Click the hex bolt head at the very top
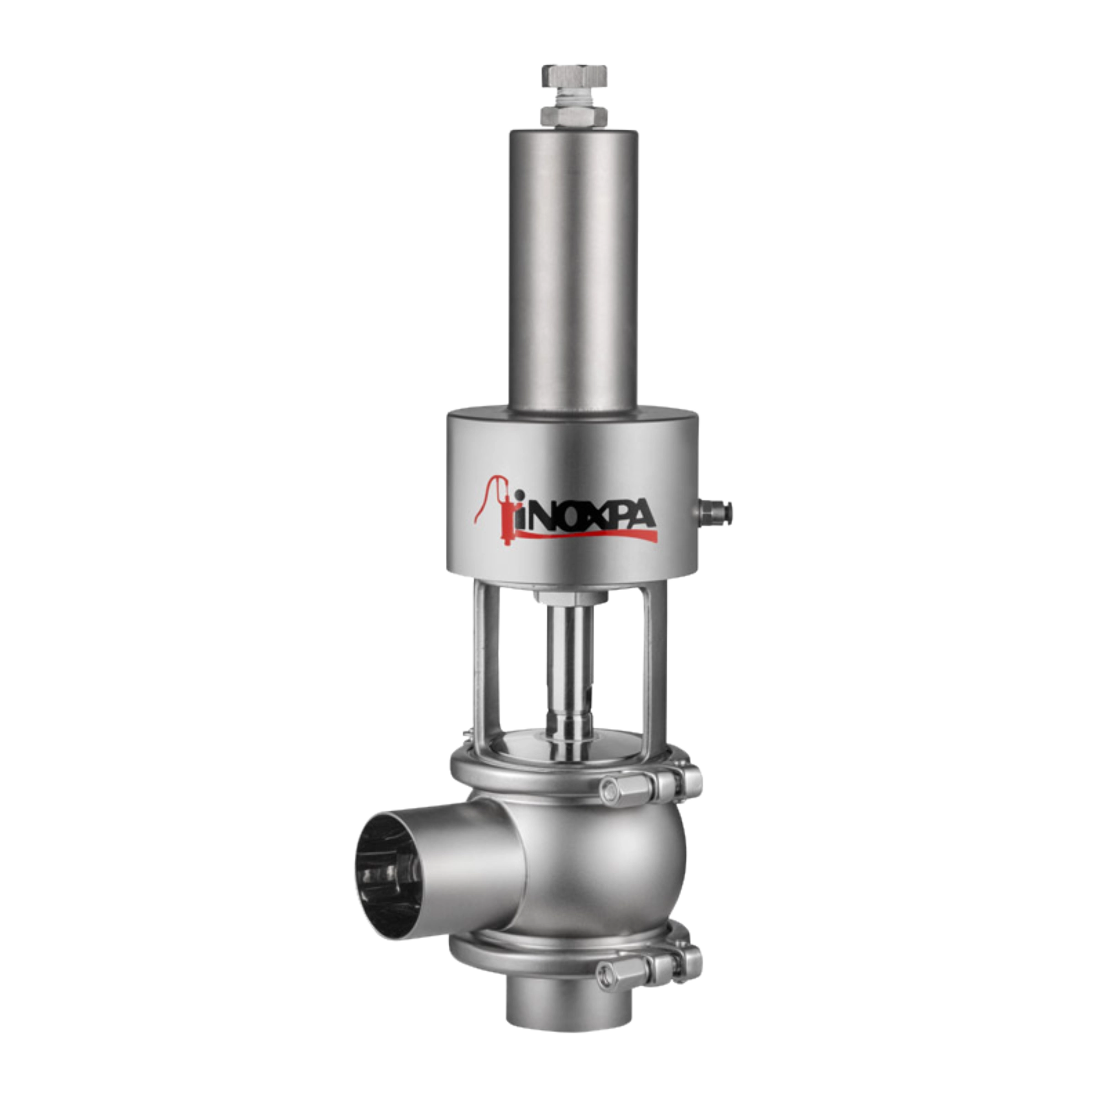pyautogui.click(x=574, y=76)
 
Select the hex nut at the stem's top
pyautogui.click(x=570, y=598)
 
